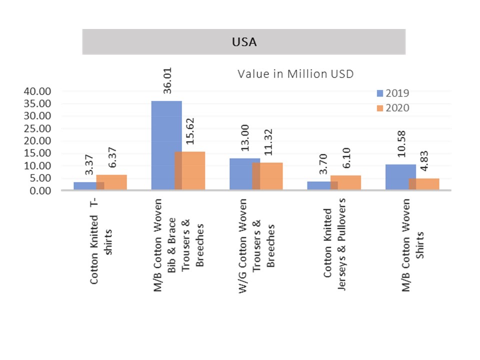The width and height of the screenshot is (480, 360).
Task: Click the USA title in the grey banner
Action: pyautogui.click(x=244, y=42)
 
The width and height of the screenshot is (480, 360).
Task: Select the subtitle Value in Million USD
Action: pyautogui.click(x=295, y=74)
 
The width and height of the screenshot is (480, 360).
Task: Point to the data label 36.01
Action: pyautogui.click(x=166, y=86)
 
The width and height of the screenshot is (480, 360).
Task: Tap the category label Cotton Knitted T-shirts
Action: pyautogui.click(x=101, y=242)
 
